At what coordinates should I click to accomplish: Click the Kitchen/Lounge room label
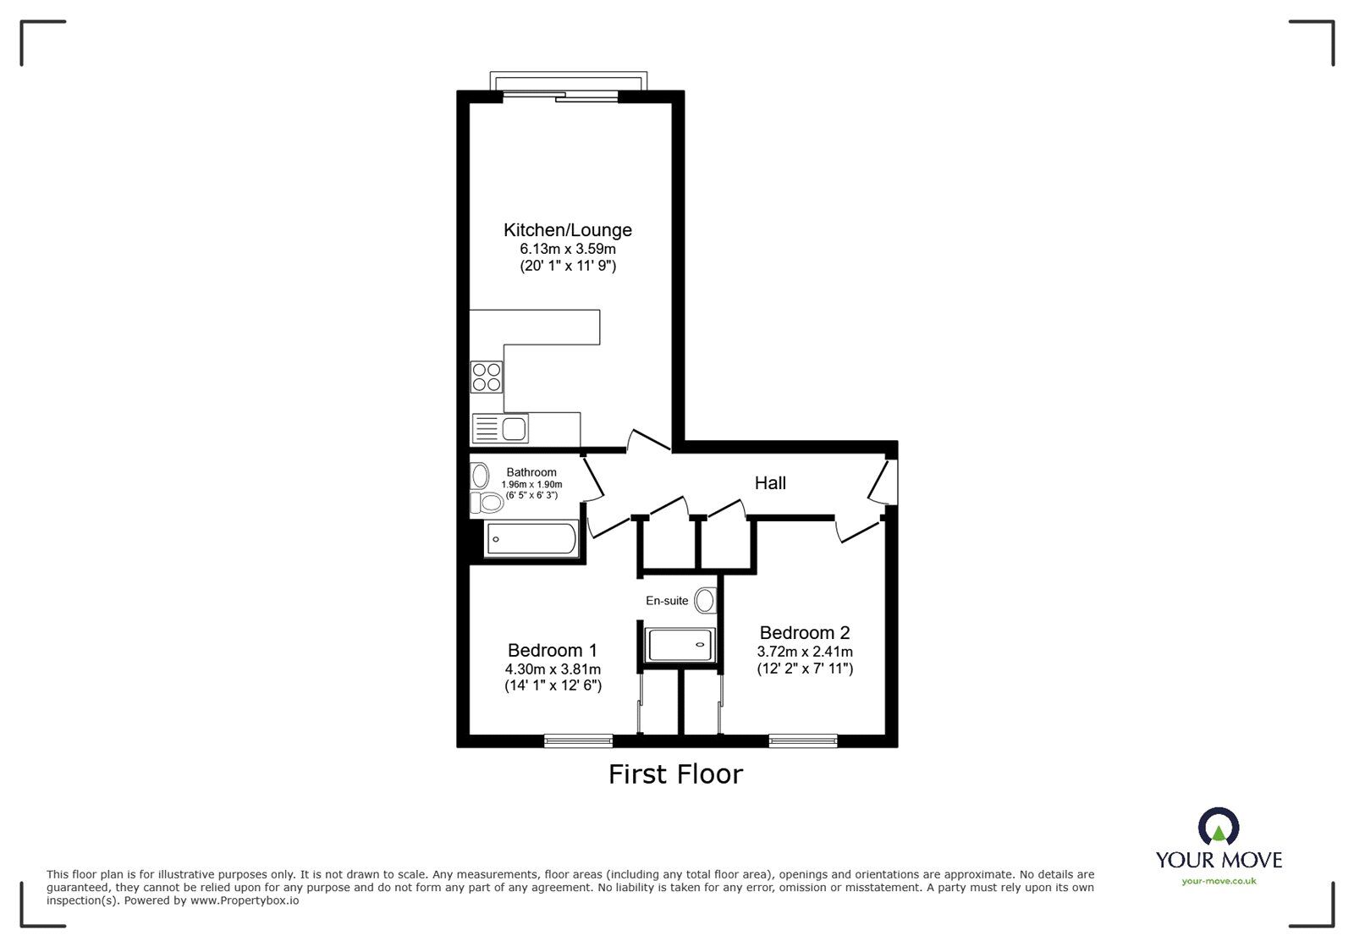pos(567,230)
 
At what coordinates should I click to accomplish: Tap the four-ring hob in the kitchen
pos(487,377)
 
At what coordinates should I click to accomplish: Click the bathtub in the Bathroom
pos(532,539)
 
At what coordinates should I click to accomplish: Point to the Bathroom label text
pos(531,472)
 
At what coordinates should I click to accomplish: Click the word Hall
pos(770,483)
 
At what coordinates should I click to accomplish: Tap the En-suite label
pos(667,601)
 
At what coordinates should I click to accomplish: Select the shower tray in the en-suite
pos(680,645)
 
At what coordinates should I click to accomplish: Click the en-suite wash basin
pos(704,601)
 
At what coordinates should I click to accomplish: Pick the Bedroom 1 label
pos(552,650)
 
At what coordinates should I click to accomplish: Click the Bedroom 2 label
pos(804,632)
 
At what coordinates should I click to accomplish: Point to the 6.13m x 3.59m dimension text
pos(567,250)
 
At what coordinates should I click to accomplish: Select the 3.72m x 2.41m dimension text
pos(804,652)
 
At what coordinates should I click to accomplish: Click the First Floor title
pos(675,774)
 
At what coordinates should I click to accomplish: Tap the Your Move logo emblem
pos(1219,826)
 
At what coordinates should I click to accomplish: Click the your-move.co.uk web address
pos(1219,881)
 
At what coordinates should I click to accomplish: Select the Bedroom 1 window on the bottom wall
pos(578,741)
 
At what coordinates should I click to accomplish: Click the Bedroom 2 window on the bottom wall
pos(803,741)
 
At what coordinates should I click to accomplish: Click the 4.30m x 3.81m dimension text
pos(552,669)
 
